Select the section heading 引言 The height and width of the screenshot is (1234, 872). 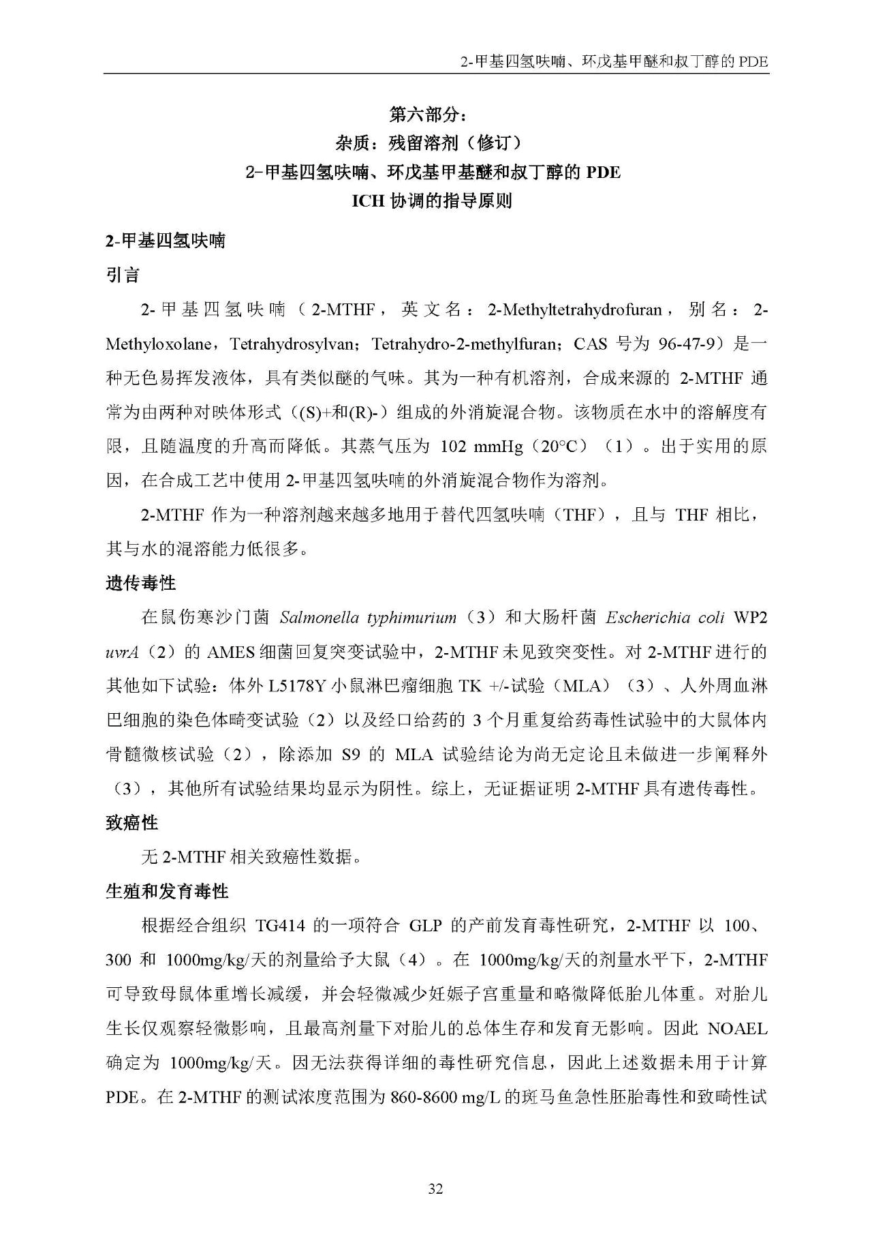pos(123,275)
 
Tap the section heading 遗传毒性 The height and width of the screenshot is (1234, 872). pos(140,583)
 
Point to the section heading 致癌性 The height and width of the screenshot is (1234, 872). pos(131,823)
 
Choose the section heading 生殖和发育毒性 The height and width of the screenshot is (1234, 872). pos(167,891)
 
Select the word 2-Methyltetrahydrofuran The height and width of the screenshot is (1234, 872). pos(574,310)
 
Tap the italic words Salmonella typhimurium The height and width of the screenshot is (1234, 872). pos(368,618)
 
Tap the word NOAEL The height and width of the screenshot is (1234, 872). pos(738,1028)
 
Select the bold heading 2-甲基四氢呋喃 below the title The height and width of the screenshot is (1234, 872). pos(165,241)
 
